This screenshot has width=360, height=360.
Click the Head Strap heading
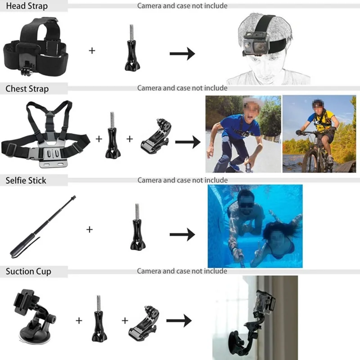(x=27, y=7)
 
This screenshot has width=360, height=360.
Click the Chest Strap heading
(x=27, y=89)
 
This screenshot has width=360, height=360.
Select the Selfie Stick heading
(x=26, y=180)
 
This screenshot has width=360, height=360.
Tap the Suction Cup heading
(x=28, y=271)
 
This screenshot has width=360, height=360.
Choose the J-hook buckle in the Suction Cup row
(x=145, y=320)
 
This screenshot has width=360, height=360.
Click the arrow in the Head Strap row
(x=182, y=54)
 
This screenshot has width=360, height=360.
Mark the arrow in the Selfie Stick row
(x=182, y=234)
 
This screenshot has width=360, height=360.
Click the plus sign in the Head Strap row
(x=92, y=50)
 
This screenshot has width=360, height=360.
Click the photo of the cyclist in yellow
(x=319, y=134)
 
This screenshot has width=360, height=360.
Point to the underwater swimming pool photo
(x=255, y=226)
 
